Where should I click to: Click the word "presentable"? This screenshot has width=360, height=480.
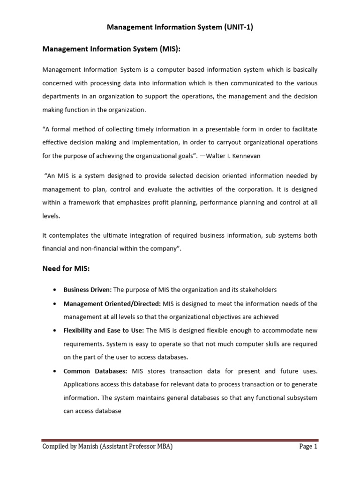tap(220, 129)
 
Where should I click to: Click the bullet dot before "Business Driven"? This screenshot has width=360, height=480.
tap(56, 290)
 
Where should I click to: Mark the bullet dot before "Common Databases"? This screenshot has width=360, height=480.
tap(56, 371)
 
